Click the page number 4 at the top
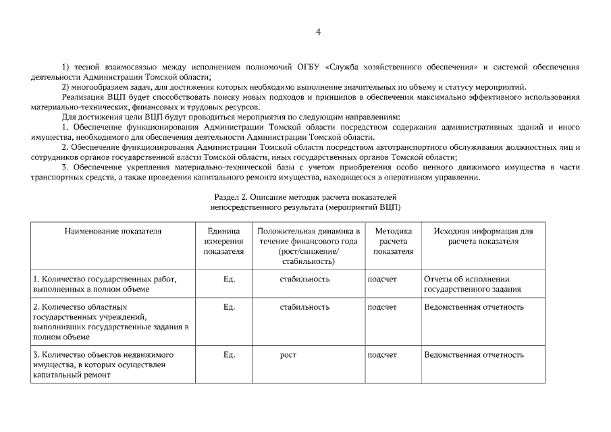(x=318, y=31)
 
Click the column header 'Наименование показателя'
(x=113, y=231)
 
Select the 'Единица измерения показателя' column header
(x=223, y=241)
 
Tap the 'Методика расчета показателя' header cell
(x=393, y=241)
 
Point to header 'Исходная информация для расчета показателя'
(x=483, y=236)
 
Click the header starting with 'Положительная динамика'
(x=309, y=246)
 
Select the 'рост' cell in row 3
(x=288, y=354)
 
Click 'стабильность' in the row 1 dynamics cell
(x=304, y=278)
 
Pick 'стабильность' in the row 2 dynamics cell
(x=304, y=306)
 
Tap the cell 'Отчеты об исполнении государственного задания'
(x=473, y=283)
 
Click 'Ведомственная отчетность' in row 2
(x=473, y=306)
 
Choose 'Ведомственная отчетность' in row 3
(x=473, y=354)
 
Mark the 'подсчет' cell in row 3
(x=382, y=354)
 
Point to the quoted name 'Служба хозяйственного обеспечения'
(x=401, y=67)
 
